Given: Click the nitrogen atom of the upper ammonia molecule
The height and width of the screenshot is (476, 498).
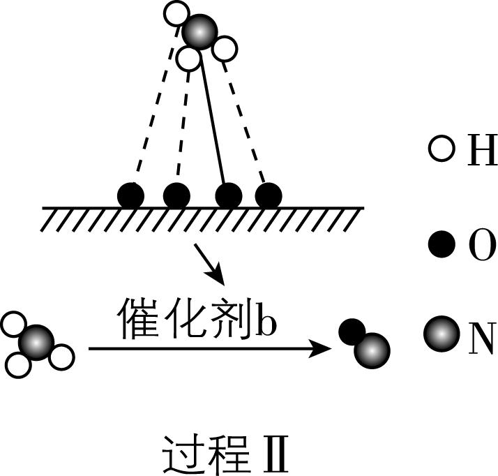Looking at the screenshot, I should [199, 31].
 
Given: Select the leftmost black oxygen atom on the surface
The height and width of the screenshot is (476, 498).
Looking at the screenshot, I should [130, 195].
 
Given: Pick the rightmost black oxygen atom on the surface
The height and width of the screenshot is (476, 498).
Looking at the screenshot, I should [268, 195].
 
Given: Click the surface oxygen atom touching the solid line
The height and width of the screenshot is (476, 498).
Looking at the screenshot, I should [228, 195].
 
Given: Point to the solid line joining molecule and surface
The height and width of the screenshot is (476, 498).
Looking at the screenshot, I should [213, 122].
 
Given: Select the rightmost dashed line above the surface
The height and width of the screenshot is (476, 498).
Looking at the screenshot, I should [246, 122].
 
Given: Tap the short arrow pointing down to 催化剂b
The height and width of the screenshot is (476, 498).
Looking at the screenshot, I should [210, 263].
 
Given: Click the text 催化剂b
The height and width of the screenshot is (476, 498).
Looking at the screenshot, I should [197, 319].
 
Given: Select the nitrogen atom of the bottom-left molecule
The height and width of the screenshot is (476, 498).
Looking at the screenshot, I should [36, 343].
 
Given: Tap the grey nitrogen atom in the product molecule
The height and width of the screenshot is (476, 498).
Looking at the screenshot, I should [371, 349].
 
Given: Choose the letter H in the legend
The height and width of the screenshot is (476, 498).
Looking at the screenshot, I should [480, 150].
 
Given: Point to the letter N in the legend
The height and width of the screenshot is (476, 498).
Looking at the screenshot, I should [480, 337].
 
